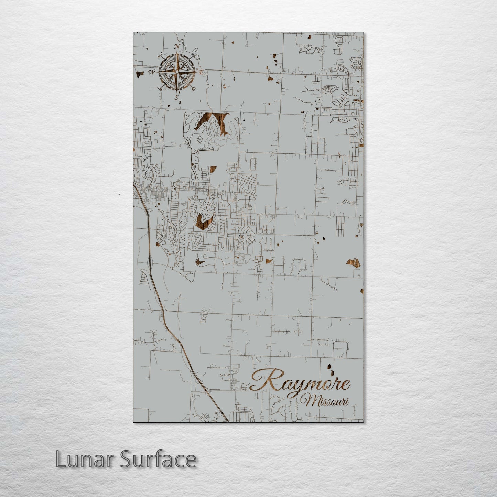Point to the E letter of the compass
pyautogui.click(x=202, y=72)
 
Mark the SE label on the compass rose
pyautogui.click(x=194, y=89)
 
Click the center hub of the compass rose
pyautogui.click(x=177, y=72)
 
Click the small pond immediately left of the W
pyautogui.click(x=139, y=74)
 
